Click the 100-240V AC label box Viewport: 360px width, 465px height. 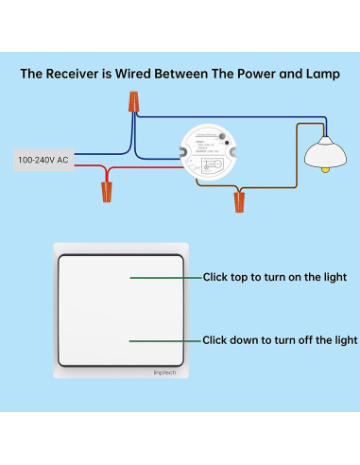[43, 160]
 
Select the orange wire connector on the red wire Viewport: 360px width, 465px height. [107, 193]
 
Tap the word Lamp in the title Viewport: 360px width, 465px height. [317, 72]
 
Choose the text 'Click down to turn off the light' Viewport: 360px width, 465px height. [280, 339]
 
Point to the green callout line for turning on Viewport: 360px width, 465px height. [165, 279]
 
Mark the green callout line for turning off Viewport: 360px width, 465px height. [165, 339]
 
